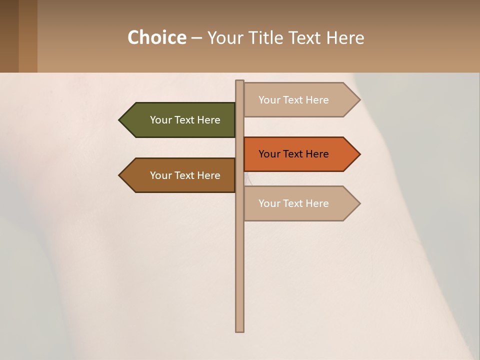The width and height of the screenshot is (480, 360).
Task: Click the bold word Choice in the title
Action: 156,37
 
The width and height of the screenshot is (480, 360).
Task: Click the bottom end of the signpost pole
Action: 240,329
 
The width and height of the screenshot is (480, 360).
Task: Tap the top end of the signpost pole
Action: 240,82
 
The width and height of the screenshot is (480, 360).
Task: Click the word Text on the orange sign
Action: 293,154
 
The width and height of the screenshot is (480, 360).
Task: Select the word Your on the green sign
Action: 160,120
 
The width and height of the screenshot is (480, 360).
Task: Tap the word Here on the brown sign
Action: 208,175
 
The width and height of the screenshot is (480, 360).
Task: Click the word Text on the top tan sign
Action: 293,100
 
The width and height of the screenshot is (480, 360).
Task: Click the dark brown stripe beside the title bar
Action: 9,36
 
